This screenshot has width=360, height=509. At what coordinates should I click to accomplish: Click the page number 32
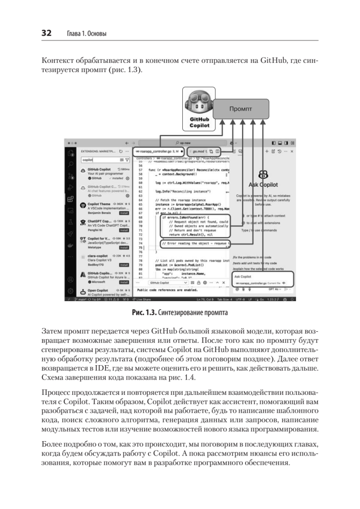[46, 33]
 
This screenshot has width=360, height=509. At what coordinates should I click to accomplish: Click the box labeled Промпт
[240, 109]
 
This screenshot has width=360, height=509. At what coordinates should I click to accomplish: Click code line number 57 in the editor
[140, 170]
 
